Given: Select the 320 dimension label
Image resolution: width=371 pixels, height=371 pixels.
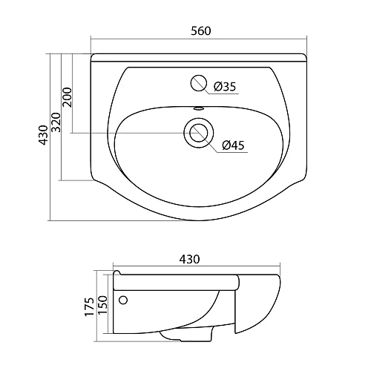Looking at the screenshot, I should tap(56, 123).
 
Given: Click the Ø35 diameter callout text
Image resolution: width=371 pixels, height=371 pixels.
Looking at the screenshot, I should tap(226, 88).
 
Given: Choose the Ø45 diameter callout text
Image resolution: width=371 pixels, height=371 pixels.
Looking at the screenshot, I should tap(233, 145).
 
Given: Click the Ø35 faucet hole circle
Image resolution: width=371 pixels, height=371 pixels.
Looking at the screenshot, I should tap(198, 83).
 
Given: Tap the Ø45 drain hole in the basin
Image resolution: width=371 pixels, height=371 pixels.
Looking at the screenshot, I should tap(198, 133).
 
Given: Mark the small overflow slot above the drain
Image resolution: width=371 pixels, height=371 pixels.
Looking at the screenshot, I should tap(198, 108).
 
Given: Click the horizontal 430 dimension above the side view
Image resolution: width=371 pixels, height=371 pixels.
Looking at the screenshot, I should tap(189, 260).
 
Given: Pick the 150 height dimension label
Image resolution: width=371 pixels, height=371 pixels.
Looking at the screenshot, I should tap(102, 303).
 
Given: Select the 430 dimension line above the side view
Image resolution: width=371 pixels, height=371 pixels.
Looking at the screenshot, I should tap(148, 268).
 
